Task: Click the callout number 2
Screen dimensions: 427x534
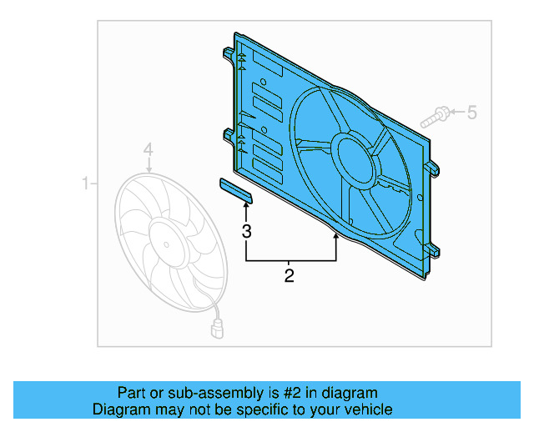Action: coord(290,275)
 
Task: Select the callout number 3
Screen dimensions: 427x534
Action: coord(246,231)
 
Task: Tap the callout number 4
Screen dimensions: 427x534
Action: coord(148,150)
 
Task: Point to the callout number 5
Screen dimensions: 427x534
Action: coord(471,112)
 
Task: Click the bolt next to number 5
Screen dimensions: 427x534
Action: coord(435,116)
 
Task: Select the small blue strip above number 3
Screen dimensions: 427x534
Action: coord(236,191)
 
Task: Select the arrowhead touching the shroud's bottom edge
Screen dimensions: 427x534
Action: coord(336,239)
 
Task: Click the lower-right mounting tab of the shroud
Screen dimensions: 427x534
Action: coord(435,249)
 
